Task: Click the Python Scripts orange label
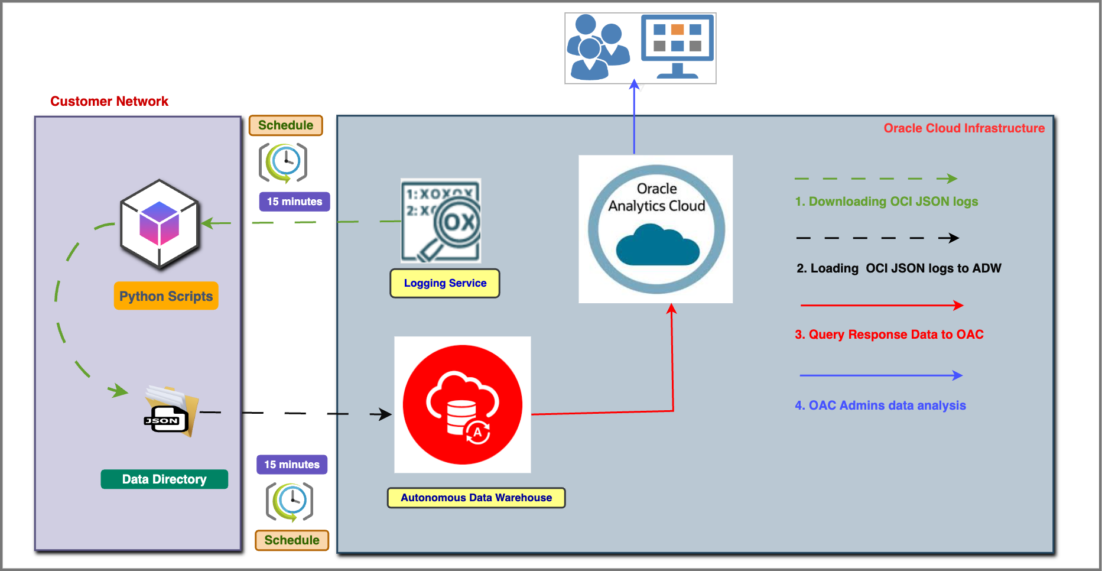(x=166, y=296)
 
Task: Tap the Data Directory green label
(x=164, y=479)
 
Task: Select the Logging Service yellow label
(x=445, y=283)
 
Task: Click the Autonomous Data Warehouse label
(x=476, y=498)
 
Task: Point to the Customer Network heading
(x=109, y=101)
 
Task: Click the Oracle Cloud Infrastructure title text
(x=964, y=128)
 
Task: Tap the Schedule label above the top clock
(x=285, y=125)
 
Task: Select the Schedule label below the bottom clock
(x=292, y=540)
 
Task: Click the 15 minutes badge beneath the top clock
(x=294, y=202)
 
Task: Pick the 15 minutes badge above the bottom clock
(x=292, y=465)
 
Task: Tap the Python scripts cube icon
(x=159, y=225)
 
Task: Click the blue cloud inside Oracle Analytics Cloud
(x=657, y=245)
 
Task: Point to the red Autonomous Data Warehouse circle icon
(x=463, y=405)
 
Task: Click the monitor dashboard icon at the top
(x=678, y=47)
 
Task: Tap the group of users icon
(x=597, y=48)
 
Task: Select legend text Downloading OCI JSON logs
(x=886, y=202)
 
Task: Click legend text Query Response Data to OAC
(x=889, y=335)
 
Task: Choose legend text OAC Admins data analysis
(x=880, y=405)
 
